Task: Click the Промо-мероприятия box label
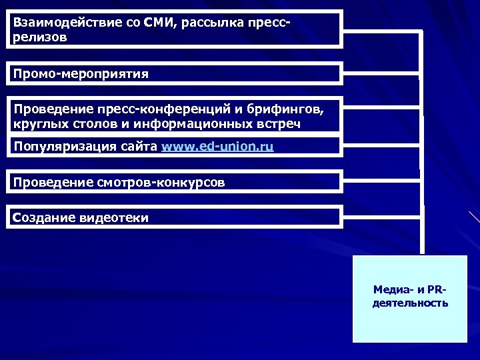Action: pos(81,73)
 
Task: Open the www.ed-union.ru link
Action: pos(217,147)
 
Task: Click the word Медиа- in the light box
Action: pos(393,290)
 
